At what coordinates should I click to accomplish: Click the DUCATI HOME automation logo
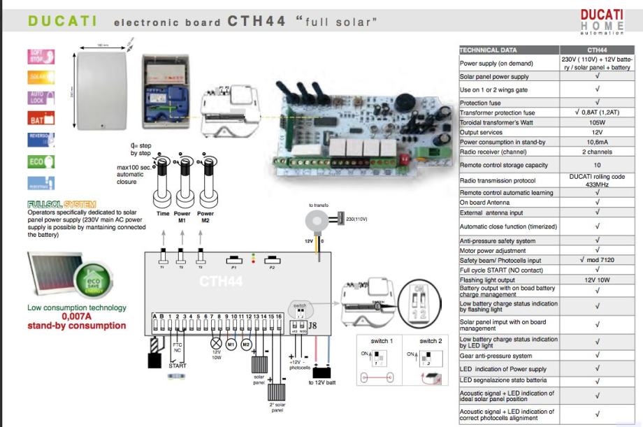tap(601, 22)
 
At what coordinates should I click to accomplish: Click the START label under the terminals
tap(178, 366)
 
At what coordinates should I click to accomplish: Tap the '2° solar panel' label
tap(277, 407)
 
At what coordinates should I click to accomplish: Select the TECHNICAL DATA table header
tap(508, 50)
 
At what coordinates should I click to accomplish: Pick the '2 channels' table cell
tap(596, 152)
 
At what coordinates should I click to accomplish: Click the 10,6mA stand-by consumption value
tap(596, 142)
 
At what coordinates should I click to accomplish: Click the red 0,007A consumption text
tap(77, 317)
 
